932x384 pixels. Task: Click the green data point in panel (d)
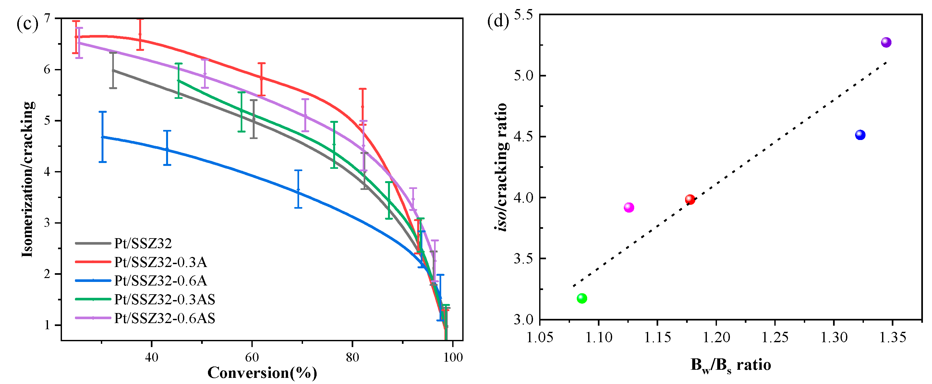coord(581,298)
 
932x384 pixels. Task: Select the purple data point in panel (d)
coord(886,42)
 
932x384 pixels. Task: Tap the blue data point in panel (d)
coord(860,135)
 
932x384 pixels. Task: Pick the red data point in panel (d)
coord(690,199)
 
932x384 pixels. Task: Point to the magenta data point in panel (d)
coord(629,207)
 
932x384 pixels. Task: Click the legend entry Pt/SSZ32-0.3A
coord(160,262)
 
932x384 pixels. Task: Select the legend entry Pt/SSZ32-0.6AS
coord(164,318)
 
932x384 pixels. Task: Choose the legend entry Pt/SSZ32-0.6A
coord(160,281)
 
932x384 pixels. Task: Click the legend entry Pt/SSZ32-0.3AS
coord(164,299)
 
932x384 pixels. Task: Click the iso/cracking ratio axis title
coord(502,167)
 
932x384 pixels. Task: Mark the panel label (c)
coord(27,25)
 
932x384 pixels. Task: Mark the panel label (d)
coord(498,22)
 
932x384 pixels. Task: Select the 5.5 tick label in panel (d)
coord(523,15)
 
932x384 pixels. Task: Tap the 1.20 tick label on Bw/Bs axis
coord(716,337)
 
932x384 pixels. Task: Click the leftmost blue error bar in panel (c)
coord(103,137)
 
